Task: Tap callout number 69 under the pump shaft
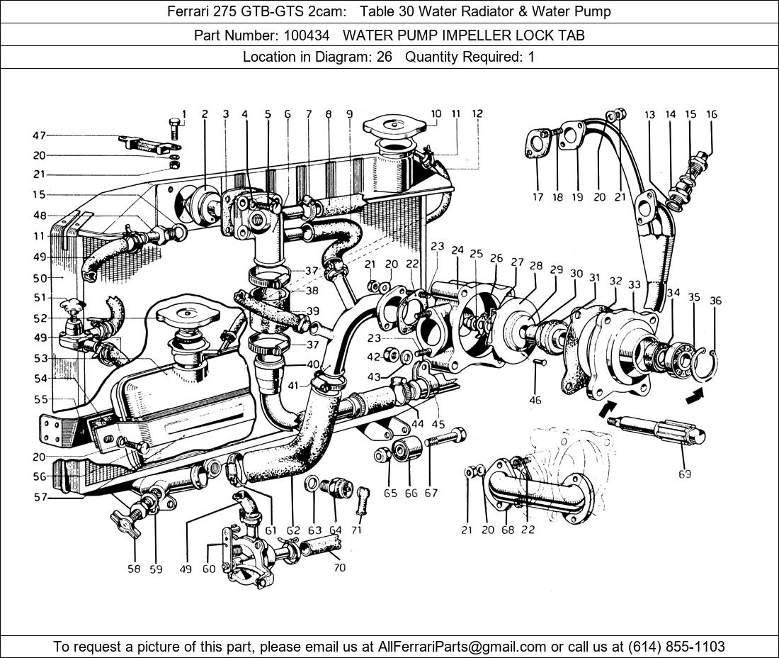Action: pyautogui.click(x=684, y=474)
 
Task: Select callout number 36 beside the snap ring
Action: pyautogui.click(x=716, y=301)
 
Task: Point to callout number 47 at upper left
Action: pyautogui.click(x=39, y=135)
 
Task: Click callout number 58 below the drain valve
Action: pyautogui.click(x=134, y=569)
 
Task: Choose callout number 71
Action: pyautogui.click(x=356, y=530)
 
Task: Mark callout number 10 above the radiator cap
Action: pyautogui.click(x=436, y=113)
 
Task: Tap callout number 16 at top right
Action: pyautogui.click(x=712, y=114)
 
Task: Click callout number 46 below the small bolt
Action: pyautogui.click(x=535, y=401)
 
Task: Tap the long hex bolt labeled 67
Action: pyautogui.click(x=444, y=437)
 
